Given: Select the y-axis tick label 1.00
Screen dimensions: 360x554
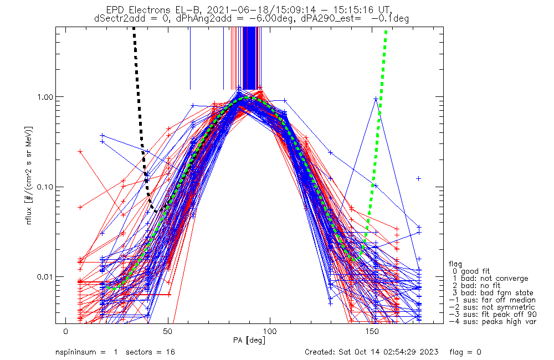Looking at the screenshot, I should pos(47,96).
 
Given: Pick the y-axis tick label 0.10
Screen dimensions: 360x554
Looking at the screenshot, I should pos(47,187).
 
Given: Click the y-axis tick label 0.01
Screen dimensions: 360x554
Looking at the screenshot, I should pos(47,276).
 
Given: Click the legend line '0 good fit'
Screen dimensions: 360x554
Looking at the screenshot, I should pos(471,271).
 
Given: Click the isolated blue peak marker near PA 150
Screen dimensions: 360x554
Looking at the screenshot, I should pos(376,99).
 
